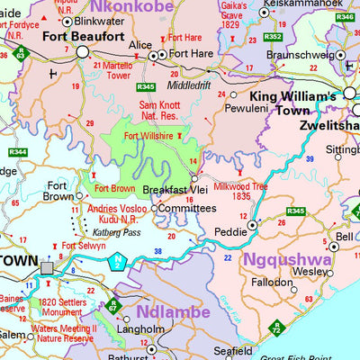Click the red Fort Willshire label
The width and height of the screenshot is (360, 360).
[148, 136]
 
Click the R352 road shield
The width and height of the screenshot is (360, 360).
[273, 37]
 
